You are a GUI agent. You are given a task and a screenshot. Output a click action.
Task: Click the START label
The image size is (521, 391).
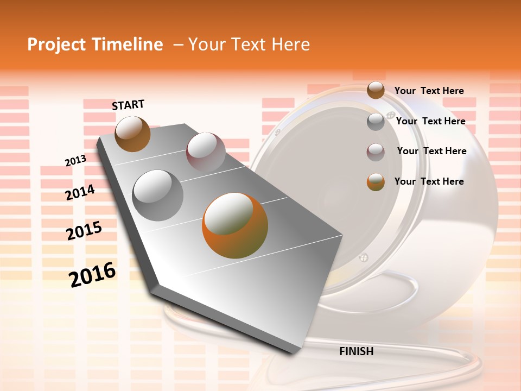[x=128, y=105]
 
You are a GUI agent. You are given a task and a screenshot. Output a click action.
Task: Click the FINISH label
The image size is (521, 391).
[x=356, y=351]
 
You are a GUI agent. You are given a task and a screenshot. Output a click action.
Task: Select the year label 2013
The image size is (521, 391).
[x=75, y=161]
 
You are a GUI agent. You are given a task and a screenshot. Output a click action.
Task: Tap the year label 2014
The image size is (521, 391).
[x=80, y=193]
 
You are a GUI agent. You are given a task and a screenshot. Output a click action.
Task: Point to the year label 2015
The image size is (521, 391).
[x=84, y=231]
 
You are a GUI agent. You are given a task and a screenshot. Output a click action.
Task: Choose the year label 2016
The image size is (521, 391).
[x=92, y=275]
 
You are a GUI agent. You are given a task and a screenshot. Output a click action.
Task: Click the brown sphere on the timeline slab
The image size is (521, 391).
[x=132, y=134]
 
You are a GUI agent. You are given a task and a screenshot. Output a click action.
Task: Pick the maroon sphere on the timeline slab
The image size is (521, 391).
[x=206, y=152]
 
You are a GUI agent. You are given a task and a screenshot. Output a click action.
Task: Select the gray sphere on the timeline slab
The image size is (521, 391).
[x=158, y=195]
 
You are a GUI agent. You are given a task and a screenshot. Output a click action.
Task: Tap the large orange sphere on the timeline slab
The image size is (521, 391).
[x=235, y=225]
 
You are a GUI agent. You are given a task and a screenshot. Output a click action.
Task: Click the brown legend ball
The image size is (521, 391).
[x=376, y=90]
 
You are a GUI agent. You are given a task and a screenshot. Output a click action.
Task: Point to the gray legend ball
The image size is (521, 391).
[x=376, y=122]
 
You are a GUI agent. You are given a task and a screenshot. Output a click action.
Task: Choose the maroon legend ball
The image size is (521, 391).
[x=376, y=152]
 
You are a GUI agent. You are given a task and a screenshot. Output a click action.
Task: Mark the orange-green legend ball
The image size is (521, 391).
[x=376, y=182]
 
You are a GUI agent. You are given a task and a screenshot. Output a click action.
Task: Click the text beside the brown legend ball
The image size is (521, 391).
[x=429, y=91]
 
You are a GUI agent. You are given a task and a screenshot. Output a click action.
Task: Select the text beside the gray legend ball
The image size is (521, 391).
[x=430, y=121]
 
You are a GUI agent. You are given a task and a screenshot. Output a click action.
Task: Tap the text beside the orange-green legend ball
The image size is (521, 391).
[x=429, y=181]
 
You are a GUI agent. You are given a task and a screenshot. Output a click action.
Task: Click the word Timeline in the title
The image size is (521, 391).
[x=128, y=45]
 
